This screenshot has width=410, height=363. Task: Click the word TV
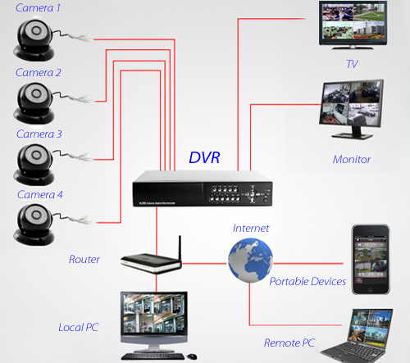[x=352, y=64]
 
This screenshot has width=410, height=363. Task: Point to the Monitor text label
[x=352, y=159]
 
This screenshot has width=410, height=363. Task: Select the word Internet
[x=251, y=229]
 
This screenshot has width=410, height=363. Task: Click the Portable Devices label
[x=307, y=282]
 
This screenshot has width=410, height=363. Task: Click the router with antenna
[x=148, y=261]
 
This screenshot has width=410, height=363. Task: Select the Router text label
[x=84, y=260]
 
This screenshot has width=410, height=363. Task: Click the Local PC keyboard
[x=156, y=356]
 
